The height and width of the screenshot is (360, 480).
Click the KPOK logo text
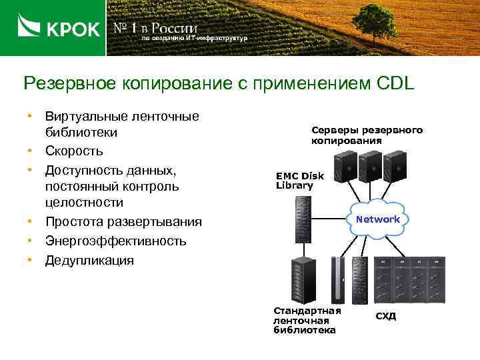pos(73,29)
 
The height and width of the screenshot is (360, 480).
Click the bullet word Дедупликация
pos(89,260)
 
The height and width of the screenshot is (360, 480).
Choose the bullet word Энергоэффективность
pos(115,241)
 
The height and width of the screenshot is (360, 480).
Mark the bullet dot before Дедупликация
pos(30,259)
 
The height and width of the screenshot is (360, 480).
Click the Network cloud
pos(377,219)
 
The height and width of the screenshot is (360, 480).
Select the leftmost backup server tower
pos(346,166)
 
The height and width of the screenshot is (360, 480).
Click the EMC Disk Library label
pos(299,181)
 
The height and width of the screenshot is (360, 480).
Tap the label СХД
pos(385,315)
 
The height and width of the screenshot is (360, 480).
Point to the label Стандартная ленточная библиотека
pos(307,320)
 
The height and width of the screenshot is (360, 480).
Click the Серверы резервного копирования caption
pos(366,135)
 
